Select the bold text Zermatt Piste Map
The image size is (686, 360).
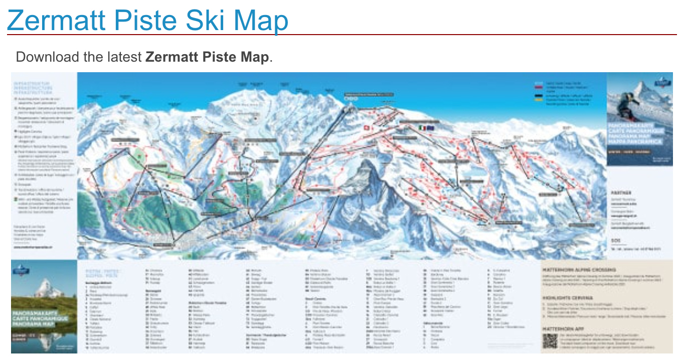[x=207, y=57]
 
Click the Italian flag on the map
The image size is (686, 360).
[x=422, y=128]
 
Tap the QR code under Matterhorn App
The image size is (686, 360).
[x=550, y=341]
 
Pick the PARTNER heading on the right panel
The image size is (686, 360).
[x=621, y=193]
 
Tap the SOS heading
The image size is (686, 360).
[x=615, y=240]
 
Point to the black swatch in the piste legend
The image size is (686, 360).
[x=539, y=94]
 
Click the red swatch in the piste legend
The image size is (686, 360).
[x=539, y=87]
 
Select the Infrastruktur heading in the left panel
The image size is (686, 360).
[x=32, y=83]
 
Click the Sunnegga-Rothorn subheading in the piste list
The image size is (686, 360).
[x=98, y=282]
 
